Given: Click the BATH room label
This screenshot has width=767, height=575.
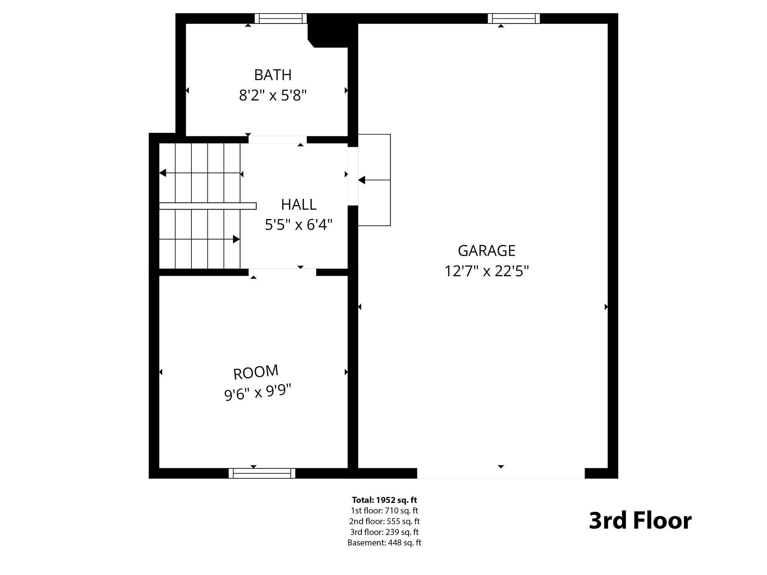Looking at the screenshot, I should pyautogui.click(x=273, y=75).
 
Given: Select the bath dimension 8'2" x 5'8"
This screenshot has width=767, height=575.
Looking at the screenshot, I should pyautogui.click(x=273, y=96).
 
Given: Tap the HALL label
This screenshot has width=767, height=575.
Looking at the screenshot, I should pyautogui.click(x=298, y=204).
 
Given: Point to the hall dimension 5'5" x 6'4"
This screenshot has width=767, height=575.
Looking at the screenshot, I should pyautogui.click(x=298, y=225).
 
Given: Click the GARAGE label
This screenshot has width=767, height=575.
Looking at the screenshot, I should pyautogui.click(x=486, y=250).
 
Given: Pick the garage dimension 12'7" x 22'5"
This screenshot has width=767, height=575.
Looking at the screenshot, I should pyautogui.click(x=486, y=271).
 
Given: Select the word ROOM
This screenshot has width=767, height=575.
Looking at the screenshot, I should pyautogui.click(x=256, y=372).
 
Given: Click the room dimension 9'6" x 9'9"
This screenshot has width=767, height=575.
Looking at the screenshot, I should pyautogui.click(x=258, y=393).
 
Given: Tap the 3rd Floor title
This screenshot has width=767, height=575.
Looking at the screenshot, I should pyautogui.click(x=640, y=520).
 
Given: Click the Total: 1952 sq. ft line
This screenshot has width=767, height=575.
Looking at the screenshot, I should pyautogui.click(x=384, y=500).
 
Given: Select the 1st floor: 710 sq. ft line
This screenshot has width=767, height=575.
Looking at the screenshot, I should pyautogui.click(x=384, y=510).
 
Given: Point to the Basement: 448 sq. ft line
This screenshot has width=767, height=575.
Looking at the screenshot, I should pyautogui.click(x=384, y=542).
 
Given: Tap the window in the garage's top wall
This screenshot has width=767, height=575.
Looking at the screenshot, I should pyautogui.click(x=513, y=18).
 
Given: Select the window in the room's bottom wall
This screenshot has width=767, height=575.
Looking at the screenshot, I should pyautogui.click(x=262, y=473).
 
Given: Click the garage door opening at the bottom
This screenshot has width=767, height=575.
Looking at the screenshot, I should pyautogui.click(x=501, y=473).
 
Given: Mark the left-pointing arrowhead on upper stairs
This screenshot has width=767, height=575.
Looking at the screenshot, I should pyautogui.click(x=163, y=173).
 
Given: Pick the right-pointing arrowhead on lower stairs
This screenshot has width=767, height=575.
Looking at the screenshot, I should pyautogui.click(x=236, y=239).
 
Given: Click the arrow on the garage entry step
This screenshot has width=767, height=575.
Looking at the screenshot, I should pyautogui.click(x=362, y=180).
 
